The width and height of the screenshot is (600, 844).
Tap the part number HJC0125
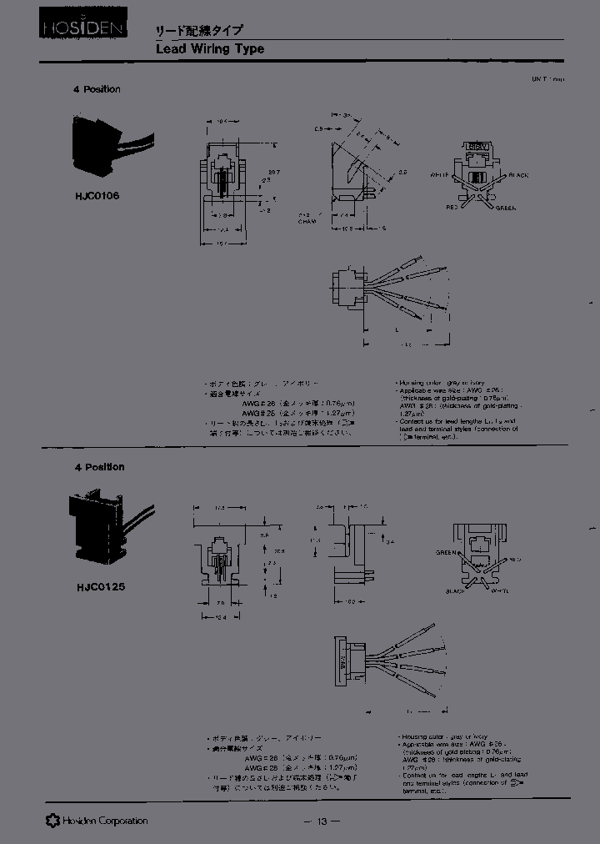[93, 586]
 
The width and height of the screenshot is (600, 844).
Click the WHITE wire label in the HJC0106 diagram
[439, 175]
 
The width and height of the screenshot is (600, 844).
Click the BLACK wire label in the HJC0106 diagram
[518, 175]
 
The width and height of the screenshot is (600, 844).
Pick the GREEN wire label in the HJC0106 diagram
[505, 208]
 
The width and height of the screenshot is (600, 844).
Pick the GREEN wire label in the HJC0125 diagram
[447, 552]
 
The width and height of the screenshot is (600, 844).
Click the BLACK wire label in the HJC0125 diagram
[457, 590]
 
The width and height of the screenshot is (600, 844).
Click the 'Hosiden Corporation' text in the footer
[104, 821]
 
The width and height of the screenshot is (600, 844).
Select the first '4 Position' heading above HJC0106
[97, 89]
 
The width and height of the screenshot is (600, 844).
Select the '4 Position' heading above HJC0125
[97, 467]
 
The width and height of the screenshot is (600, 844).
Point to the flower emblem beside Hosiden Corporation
[52, 821]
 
